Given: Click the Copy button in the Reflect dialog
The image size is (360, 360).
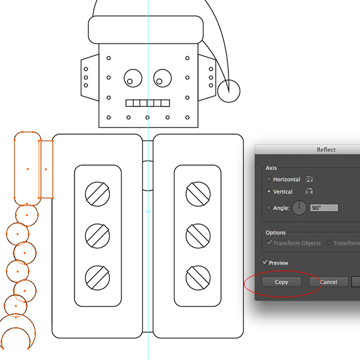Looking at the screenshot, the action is [x=281, y=282].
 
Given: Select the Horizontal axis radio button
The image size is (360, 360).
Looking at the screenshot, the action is [x=269, y=179].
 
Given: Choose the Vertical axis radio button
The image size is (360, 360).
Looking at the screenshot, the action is [x=269, y=191].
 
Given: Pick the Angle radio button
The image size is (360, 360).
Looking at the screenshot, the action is [x=269, y=208].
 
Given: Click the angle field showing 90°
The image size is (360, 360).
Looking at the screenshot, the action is [x=324, y=208].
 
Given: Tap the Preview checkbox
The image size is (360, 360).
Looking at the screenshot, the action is [x=264, y=263].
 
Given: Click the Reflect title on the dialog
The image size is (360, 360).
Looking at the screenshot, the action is [x=326, y=150].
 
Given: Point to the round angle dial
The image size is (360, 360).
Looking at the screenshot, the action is [x=299, y=208].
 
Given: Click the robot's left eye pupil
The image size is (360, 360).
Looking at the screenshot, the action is [x=130, y=81].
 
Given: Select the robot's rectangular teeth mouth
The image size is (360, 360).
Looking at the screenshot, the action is [x=148, y=103].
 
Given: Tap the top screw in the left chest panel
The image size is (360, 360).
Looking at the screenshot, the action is [x=97, y=194].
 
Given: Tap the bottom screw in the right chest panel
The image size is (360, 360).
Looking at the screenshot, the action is [x=198, y=278].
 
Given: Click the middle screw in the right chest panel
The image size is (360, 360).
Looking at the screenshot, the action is [x=198, y=236].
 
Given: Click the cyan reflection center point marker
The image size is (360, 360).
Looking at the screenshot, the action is [x=148, y=212].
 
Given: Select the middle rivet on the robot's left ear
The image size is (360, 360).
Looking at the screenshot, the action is [x=86, y=78].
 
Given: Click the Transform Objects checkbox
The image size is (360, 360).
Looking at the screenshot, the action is [x=269, y=243].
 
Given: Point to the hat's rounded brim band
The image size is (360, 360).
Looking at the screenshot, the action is [x=146, y=30].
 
